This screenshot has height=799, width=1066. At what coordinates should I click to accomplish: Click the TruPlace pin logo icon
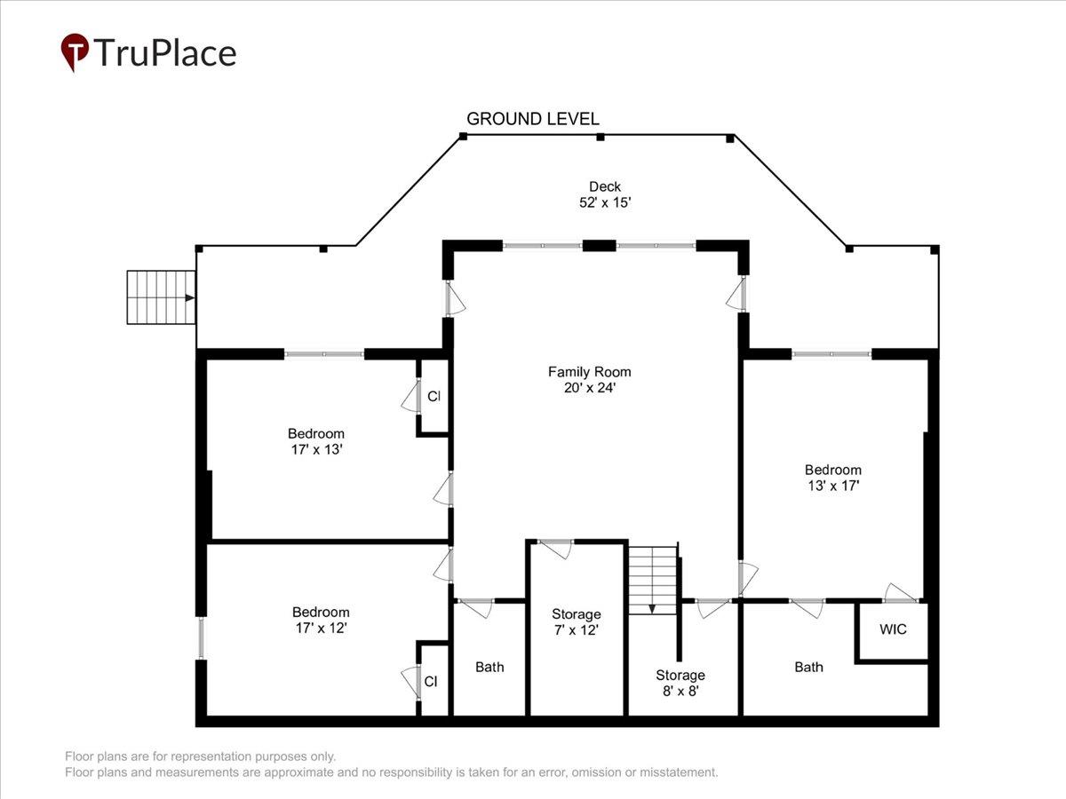pos(75,51)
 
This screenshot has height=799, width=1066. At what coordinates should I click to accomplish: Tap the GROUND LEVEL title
pos(533,119)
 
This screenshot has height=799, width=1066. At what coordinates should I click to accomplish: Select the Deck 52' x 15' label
pos(605,194)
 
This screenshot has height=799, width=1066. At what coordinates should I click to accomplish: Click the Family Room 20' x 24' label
pos(590,380)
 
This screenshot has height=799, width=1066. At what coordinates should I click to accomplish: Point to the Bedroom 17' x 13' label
pos(316,441)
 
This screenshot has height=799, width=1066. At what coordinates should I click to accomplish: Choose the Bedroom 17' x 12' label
pos(321,620)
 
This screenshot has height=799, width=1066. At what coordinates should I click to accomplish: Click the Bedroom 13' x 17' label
pos(833,478)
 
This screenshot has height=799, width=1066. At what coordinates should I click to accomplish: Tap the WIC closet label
pos(893,629)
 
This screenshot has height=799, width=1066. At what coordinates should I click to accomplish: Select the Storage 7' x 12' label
pos(576,622)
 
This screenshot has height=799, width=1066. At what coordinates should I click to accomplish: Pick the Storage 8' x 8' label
pos(680,683)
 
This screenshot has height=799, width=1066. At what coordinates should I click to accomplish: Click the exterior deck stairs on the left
pos(162,297)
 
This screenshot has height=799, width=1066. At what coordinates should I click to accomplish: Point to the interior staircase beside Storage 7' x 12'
pos(653,581)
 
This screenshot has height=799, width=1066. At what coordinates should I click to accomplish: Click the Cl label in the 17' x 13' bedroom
pos(434,396)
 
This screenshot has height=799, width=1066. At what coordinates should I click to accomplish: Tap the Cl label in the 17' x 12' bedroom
pos(431,682)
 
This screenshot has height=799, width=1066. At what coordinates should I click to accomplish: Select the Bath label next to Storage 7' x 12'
pos(489,667)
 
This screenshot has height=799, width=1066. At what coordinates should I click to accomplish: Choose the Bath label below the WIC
pos(808,667)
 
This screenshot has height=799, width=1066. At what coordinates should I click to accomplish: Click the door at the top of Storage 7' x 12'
pos(555,549)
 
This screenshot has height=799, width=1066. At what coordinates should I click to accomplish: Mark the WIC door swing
pos(901,593)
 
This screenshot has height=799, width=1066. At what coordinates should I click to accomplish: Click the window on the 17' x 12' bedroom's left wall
pos(201,638)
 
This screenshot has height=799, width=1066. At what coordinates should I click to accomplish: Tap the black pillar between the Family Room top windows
pos(600,246)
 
